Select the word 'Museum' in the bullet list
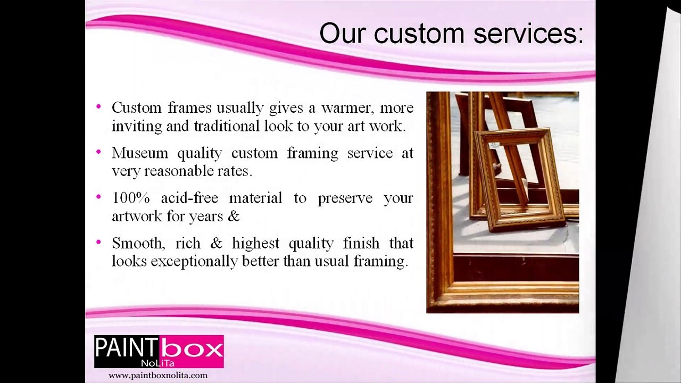tap(139, 153)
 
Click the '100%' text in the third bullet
tap(130, 198)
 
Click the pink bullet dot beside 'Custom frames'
tap(98, 107)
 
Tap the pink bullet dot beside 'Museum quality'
tap(98, 152)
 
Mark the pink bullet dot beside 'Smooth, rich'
tap(98, 243)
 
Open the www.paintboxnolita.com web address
tap(158, 376)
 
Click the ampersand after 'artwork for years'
tap(234, 217)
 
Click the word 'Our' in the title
tap(343, 34)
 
